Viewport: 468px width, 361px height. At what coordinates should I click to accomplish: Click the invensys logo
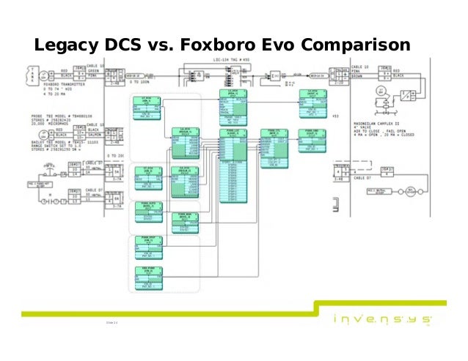(x=381, y=320)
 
